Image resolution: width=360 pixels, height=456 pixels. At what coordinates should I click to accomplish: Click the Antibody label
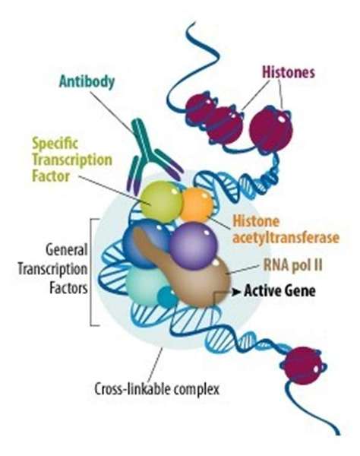(87, 82)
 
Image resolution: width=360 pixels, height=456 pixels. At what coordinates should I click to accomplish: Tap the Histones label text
(289, 72)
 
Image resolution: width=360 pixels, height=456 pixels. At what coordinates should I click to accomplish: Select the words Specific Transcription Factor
(71, 160)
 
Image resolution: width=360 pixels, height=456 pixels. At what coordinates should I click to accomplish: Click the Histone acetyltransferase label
(286, 230)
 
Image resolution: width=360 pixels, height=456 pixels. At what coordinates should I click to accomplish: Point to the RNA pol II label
(293, 265)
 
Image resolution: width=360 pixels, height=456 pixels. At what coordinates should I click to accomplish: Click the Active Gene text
(279, 291)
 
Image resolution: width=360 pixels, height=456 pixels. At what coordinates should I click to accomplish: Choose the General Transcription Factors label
(52, 269)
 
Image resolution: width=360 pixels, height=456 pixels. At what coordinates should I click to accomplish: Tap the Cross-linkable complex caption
(157, 389)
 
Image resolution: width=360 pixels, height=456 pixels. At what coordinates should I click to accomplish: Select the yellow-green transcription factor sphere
(162, 201)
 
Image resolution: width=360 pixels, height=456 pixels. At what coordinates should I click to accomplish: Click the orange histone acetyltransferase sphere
(197, 204)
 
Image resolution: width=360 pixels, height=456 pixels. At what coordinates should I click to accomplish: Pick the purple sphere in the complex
(194, 245)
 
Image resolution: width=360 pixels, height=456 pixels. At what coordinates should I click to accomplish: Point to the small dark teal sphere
(167, 296)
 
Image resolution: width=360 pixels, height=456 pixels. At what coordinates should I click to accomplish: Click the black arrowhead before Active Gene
(236, 291)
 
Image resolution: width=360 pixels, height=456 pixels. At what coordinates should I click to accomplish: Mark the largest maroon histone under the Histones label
(271, 129)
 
